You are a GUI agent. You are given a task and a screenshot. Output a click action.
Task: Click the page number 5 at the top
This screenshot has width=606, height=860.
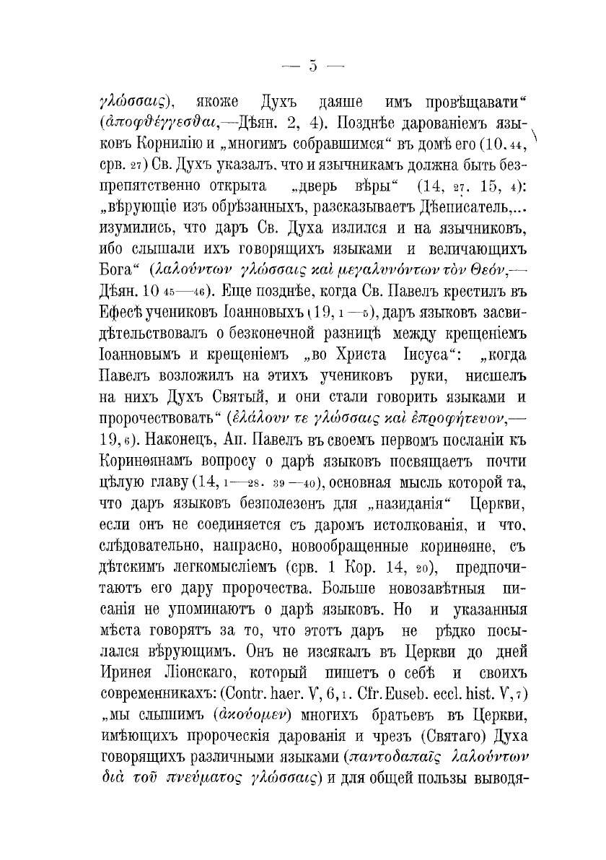(x=312, y=66)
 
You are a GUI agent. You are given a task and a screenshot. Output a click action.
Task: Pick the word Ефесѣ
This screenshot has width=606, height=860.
(x=120, y=315)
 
